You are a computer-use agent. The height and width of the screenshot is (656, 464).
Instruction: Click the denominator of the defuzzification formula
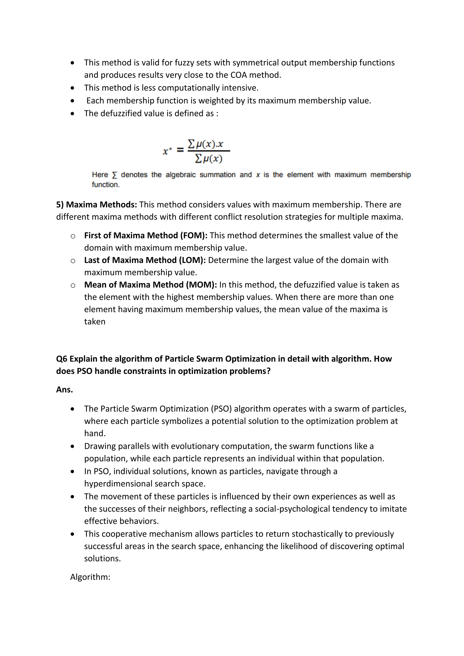[209, 158]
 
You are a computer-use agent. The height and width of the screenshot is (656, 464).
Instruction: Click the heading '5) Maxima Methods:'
[97, 205]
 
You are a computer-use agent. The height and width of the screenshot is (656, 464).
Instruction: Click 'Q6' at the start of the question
[61, 359]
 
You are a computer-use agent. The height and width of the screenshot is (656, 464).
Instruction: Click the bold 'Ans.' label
[65, 390]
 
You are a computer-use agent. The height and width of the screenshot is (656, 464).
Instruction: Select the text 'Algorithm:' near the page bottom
[90, 577]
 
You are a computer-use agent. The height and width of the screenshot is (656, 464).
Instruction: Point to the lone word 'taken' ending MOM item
[94, 322]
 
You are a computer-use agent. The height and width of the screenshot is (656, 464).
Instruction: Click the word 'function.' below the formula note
[106, 185]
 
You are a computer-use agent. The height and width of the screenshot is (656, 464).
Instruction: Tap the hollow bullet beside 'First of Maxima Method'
[73, 236]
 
